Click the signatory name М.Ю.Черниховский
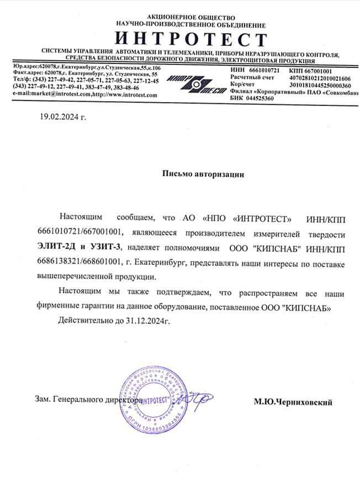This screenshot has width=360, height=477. [x=293, y=403]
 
